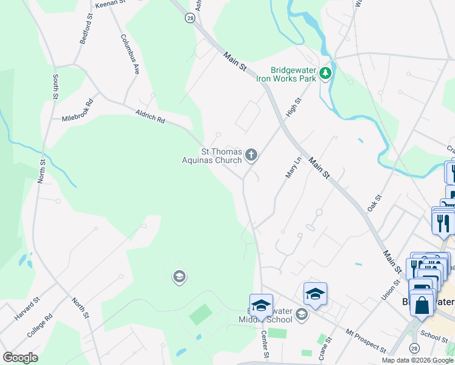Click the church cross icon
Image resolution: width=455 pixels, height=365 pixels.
pos(250,156)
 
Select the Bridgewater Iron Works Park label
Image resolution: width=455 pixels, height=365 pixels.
pos(294,74)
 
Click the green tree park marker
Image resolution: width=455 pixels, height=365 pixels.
pos(326,74)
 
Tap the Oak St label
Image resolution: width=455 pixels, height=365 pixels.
pos(373,203)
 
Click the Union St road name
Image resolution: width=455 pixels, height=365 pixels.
pos(387,280)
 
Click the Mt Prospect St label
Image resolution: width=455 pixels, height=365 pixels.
pos(367,341)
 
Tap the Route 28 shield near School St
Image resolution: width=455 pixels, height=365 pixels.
pos(414,348)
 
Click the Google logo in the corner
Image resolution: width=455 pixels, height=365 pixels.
pos(20,357)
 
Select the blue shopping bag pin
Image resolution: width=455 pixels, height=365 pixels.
pos(422,304)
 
